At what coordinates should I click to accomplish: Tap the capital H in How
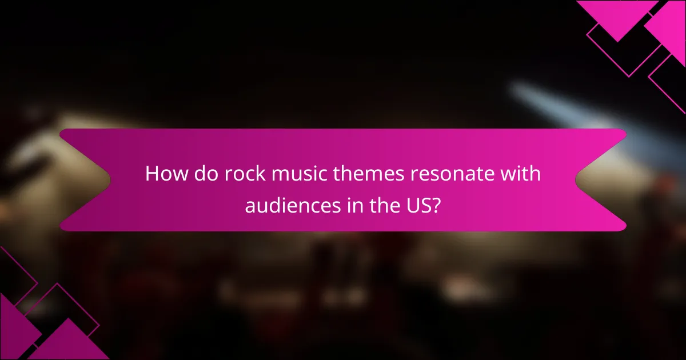tap(152, 174)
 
